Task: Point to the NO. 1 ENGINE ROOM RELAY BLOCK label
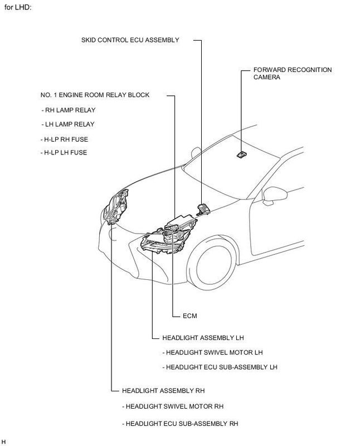pos(95,95)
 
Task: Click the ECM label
pos(190,315)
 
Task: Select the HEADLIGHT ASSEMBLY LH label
pos(203,338)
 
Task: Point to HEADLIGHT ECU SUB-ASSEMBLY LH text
pos(219,367)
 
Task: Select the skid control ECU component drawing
pos(202,209)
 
